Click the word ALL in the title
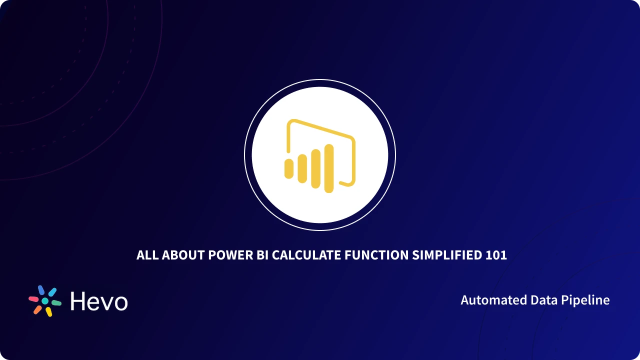(x=147, y=255)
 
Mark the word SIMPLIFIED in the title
(x=447, y=255)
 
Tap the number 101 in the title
(x=496, y=255)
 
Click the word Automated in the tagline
(x=487, y=300)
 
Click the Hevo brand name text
(x=99, y=301)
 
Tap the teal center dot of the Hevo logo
(x=45, y=301)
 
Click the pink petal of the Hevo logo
(x=33, y=298)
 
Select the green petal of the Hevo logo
(x=56, y=303)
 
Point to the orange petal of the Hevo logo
(x=37, y=309)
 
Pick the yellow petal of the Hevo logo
(x=49, y=312)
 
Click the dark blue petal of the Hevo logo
(x=41, y=290)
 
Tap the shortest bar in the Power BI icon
(x=289, y=168)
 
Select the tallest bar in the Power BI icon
(x=328, y=168)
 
